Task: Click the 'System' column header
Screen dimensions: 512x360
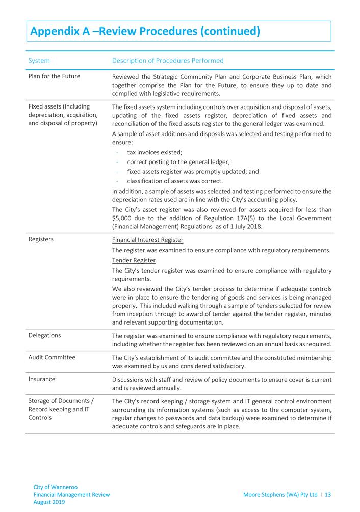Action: (x=39, y=61)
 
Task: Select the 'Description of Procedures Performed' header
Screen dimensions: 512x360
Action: (x=167, y=61)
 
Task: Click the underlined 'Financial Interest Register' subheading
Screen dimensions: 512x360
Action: (x=147, y=240)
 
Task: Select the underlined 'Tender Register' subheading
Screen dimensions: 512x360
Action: (x=134, y=260)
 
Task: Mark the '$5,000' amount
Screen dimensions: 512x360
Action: (x=122, y=218)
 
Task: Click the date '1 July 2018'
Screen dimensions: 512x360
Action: (x=244, y=227)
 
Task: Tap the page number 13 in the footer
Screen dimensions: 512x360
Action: (x=327, y=494)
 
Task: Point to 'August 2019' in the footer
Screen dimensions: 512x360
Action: (x=49, y=502)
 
